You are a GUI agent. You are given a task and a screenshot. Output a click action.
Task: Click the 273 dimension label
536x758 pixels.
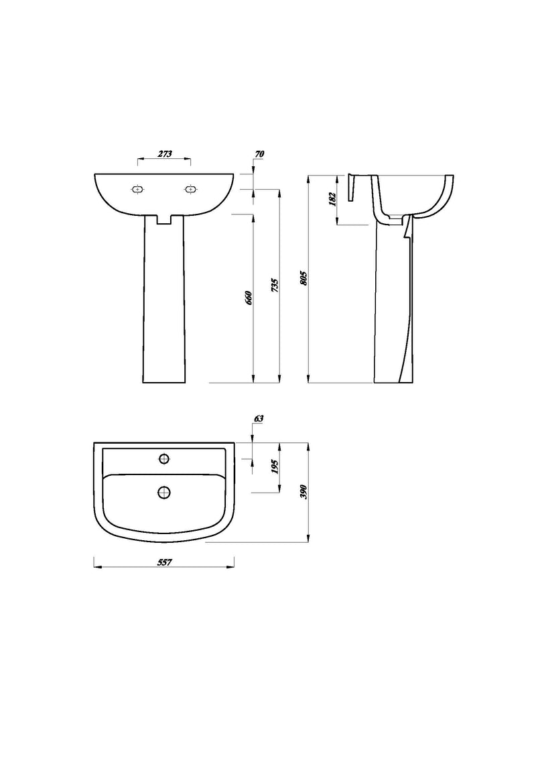click(x=164, y=153)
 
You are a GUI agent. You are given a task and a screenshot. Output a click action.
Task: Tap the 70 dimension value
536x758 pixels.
click(x=260, y=153)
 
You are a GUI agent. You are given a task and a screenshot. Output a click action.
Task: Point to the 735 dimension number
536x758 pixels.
click(x=274, y=286)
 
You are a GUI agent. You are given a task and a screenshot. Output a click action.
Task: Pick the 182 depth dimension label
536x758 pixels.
click(x=332, y=199)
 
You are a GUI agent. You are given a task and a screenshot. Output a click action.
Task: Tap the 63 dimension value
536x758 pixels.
click(x=259, y=418)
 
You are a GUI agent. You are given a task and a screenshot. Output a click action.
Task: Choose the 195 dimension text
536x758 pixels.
click(x=275, y=468)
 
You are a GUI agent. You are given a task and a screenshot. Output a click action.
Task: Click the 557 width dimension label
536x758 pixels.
click(x=164, y=562)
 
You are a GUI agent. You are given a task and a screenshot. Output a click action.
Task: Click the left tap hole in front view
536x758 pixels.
click(x=138, y=190)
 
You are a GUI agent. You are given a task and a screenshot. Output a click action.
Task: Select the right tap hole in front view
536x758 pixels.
click(x=190, y=190)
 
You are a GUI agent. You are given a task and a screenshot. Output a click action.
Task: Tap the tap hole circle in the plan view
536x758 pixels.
click(x=163, y=458)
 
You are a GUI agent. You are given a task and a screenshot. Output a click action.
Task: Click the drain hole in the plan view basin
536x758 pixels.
click(x=163, y=493)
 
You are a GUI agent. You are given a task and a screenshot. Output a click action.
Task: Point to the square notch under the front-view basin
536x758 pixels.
click(x=164, y=219)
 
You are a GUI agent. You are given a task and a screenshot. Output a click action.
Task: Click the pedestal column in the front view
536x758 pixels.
click(x=164, y=302)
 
